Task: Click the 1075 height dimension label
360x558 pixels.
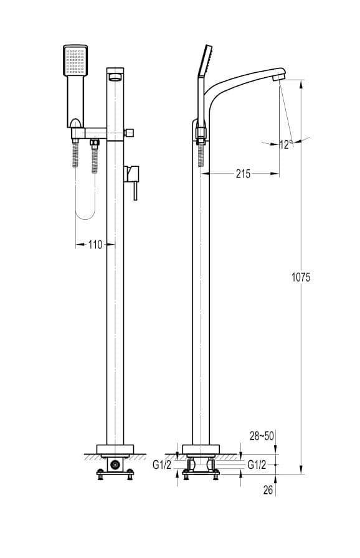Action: click(x=301, y=277)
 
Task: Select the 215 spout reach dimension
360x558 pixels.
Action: click(x=243, y=174)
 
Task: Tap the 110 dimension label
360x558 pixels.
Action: click(x=95, y=245)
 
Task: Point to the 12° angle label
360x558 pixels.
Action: click(x=286, y=144)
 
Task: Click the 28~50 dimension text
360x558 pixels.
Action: click(x=262, y=436)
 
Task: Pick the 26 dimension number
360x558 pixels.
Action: click(x=268, y=490)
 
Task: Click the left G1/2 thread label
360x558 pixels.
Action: click(x=162, y=465)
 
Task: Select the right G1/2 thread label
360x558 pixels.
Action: click(x=257, y=465)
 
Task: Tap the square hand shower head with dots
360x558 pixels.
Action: click(x=75, y=60)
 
